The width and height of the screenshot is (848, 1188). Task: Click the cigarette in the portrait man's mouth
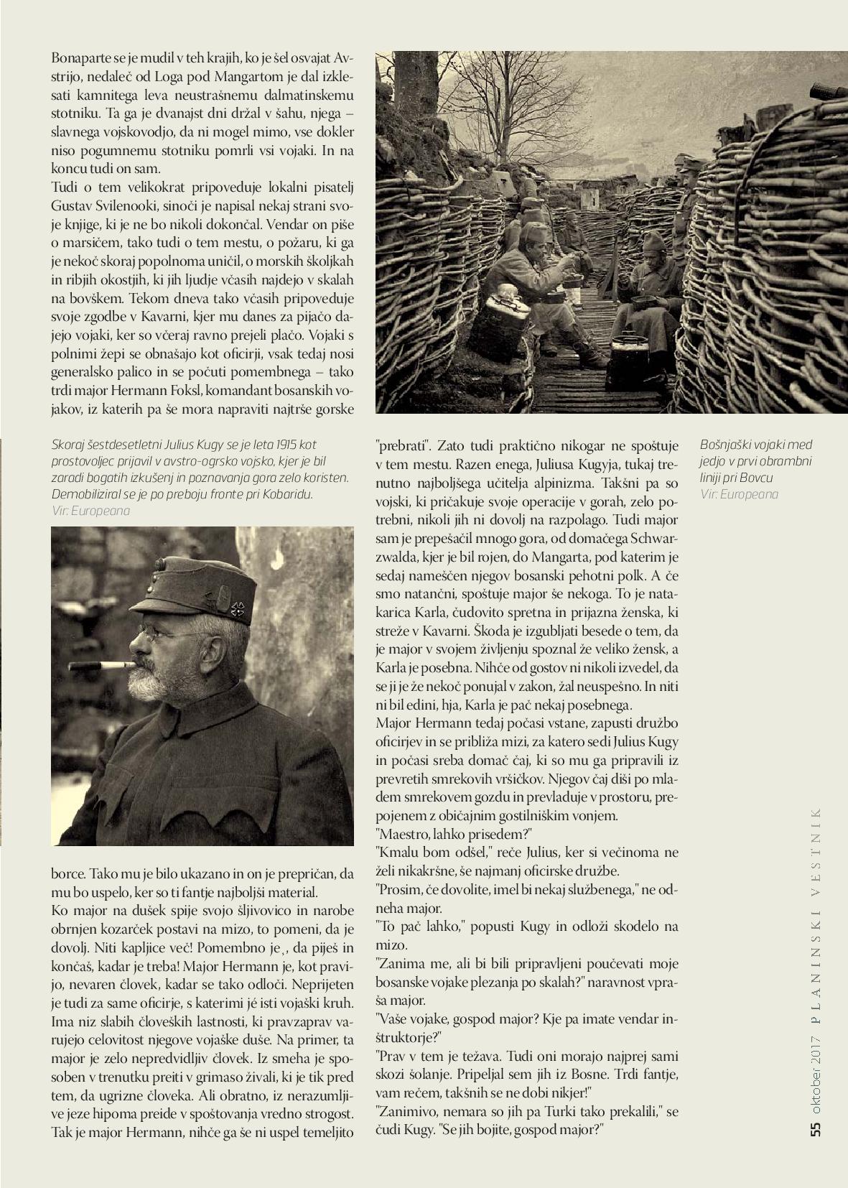point(101,665)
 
